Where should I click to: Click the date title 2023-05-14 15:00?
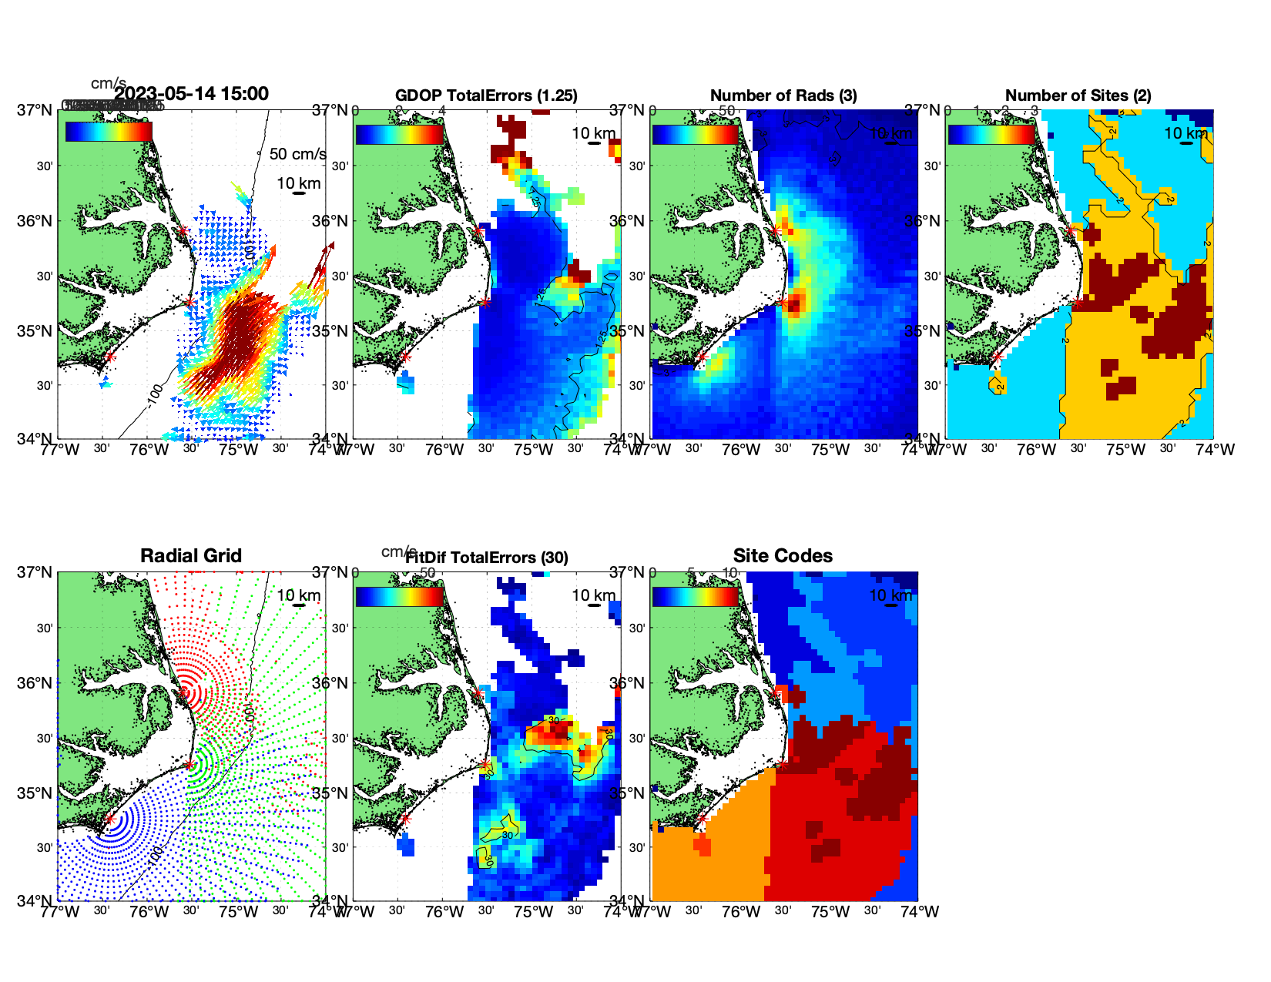click(191, 94)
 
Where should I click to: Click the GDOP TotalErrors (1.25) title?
click(486, 96)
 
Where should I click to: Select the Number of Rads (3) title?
click(783, 96)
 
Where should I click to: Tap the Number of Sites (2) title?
click(1078, 96)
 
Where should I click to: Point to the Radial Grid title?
click(191, 556)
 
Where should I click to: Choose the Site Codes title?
click(783, 556)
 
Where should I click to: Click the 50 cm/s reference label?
click(297, 154)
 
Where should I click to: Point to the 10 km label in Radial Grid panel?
click(299, 595)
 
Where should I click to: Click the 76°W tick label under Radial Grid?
click(149, 912)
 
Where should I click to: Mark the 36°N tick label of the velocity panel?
click(35, 221)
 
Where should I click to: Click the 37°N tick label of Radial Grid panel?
click(35, 572)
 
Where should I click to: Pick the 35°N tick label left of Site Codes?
click(628, 793)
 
